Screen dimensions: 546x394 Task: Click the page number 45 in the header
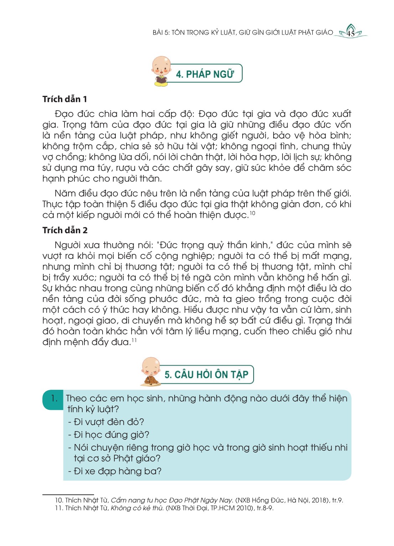pos(351,34)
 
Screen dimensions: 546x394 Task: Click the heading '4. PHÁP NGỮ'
pos(205,74)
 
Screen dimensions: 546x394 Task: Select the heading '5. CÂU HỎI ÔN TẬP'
pos(206,374)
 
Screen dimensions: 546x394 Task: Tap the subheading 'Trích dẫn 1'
pos(64,99)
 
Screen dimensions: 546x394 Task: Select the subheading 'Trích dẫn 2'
pos(65,230)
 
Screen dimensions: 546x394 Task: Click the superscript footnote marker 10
pos(252,213)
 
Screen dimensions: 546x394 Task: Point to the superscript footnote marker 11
pos(134,340)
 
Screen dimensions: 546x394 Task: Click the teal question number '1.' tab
pos(53,399)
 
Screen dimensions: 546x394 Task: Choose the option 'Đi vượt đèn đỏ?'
pos(106,422)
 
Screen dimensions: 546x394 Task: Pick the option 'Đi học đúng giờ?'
pos(109,435)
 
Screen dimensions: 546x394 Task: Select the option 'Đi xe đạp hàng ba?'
pos(115,471)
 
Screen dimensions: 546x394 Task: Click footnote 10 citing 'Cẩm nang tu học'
pos(198,500)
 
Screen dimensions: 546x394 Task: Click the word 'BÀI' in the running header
pos(157,33)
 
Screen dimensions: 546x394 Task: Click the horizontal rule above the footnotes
pos(68,495)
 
